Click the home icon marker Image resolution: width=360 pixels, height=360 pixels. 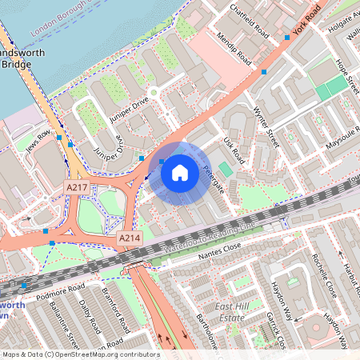[180, 171]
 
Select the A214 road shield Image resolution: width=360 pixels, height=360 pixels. [130, 238]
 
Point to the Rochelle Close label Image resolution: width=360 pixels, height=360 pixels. [325, 276]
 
